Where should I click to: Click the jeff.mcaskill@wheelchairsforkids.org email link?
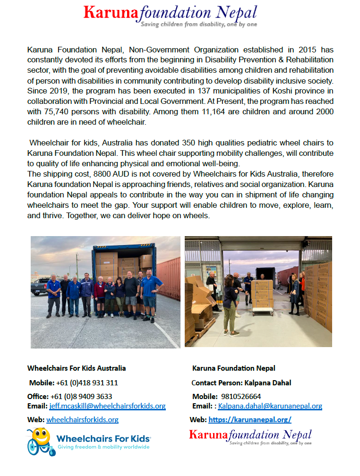tap(107, 406)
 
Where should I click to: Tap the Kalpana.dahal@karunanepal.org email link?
tap(270, 406)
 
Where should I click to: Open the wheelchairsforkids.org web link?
tap(82, 419)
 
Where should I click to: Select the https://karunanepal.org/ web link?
tap(250, 419)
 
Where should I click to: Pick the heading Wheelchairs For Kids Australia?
tap(77, 368)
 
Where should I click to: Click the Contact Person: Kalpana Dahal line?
tap(241, 382)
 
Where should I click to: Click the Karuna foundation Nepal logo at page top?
tap(171, 15)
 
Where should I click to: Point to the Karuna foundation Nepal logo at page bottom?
tap(250, 437)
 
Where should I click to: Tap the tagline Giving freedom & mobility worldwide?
tap(103, 447)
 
